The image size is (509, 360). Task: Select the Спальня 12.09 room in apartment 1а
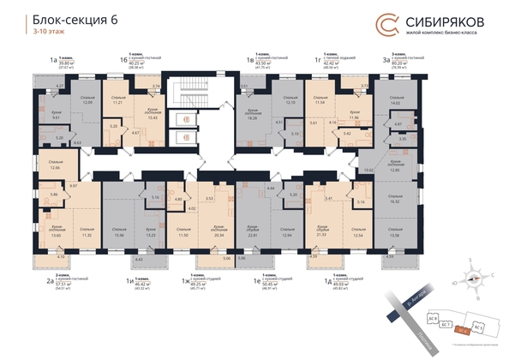pyautogui.click(x=87, y=101)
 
